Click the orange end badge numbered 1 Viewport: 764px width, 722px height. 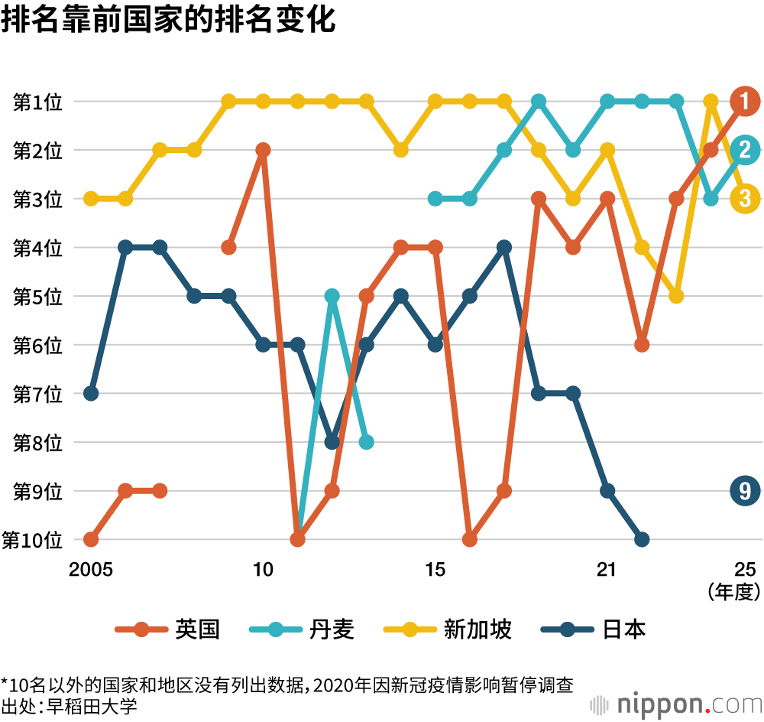coord(744,101)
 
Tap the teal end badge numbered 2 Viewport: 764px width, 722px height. coord(744,150)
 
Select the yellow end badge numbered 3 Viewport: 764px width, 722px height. coord(744,199)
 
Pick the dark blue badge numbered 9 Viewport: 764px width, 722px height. coord(744,490)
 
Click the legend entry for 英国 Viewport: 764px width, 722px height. coord(168,629)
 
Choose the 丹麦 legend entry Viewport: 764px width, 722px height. coord(303,629)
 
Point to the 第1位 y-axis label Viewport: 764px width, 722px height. coord(37,102)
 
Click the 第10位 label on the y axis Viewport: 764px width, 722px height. coord(32,540)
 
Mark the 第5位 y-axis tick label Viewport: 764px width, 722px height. coord(37,297)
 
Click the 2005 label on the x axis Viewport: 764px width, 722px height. coord(91,570)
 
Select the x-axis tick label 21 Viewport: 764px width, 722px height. coord(607,570)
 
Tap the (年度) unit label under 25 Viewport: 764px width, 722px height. coord(734,591)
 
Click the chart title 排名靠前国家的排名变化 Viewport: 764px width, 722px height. coord(168,21)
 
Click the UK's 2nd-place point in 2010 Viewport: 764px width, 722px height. coord(263,150)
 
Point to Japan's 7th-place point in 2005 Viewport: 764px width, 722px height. coord(91,393)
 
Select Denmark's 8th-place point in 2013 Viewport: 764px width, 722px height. coord(366,442)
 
